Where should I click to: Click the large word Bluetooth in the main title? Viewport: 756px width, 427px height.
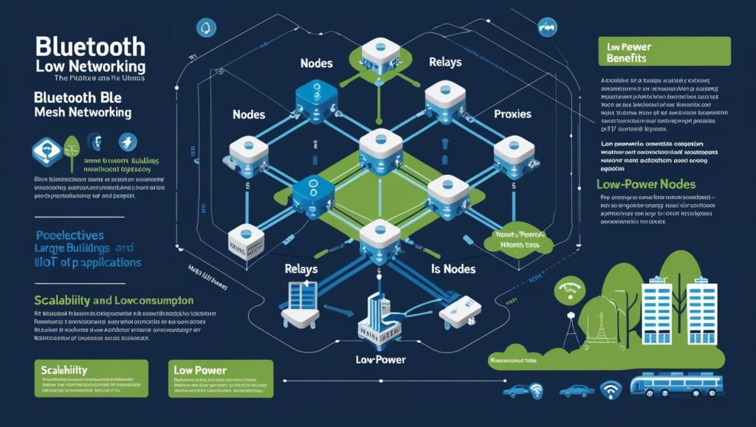click(x=90, y=46)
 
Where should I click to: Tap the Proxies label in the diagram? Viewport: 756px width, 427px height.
click(x=512, y=115)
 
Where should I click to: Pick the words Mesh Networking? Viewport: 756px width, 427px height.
click(x=83, y=113)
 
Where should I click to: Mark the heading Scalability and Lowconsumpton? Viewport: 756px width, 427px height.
click(x=114, y=301)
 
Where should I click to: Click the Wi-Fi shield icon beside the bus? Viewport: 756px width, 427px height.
click(x=610, y=388)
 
